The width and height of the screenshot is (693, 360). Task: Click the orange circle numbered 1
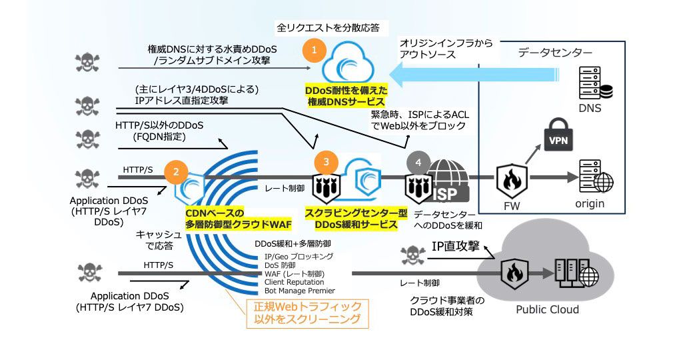314,49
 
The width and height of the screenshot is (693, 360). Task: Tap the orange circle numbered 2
175,171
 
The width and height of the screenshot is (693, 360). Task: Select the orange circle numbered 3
325,161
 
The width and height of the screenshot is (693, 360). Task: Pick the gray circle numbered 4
418,161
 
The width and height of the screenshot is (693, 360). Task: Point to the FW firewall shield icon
512,180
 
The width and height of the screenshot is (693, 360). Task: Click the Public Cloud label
547,309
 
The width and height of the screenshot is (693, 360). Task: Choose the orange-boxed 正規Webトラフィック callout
307,313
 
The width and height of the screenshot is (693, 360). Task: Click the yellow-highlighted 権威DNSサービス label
346,96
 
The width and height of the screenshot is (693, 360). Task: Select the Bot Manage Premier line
299,291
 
